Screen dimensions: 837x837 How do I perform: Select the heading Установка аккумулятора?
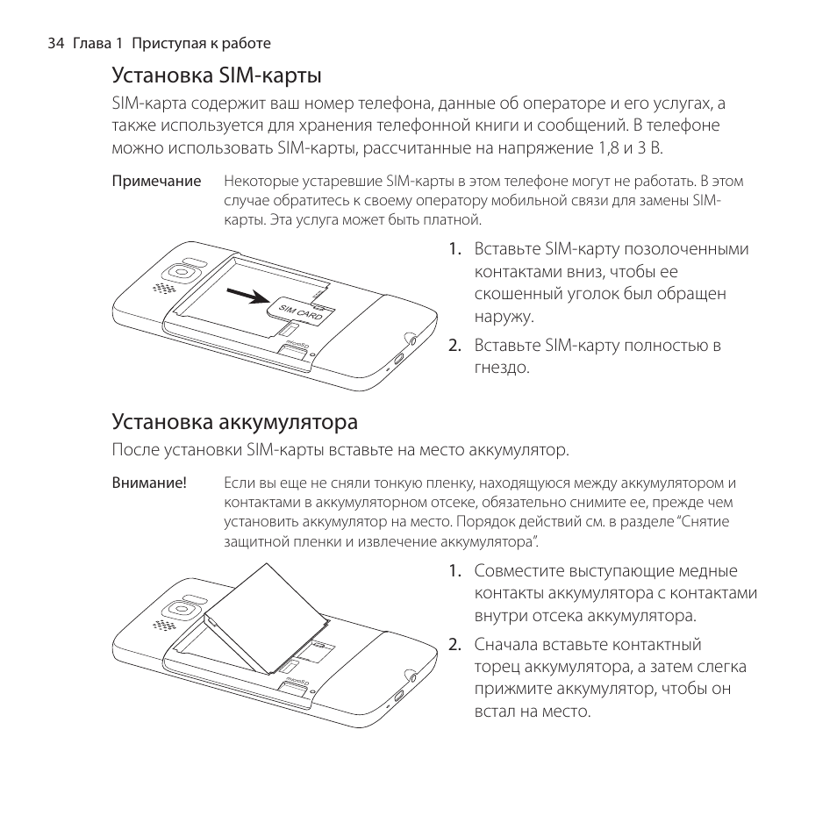pos(234,422)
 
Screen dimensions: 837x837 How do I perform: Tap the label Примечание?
pos(156,182)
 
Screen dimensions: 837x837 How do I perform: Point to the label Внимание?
pos(149,483)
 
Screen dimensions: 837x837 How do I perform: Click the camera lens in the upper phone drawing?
pos(182,268)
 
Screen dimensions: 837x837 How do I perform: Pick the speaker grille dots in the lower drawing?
pos(161,626)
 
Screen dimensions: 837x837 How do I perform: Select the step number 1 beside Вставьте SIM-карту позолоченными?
pos(454,248)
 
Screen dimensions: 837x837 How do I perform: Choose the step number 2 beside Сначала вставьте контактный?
pos(454,645)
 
